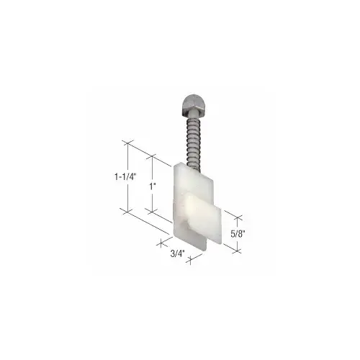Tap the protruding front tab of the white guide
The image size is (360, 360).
tap(206, 219)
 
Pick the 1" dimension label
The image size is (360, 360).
tap(150, 186)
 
